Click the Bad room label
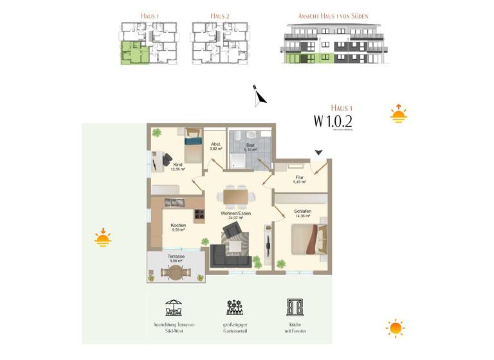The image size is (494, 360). (241, 146)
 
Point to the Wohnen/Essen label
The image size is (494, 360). (236, 215)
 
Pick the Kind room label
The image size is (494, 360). (178, 166)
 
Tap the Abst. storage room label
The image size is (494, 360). (215, 146)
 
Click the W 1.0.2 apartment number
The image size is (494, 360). (333, 120)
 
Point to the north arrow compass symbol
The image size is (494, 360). (259, 95)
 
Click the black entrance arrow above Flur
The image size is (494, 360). (318, 152)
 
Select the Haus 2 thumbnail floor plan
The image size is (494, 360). (220, 43)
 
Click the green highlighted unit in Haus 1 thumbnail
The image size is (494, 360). (134, 53)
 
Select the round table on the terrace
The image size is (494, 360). (174, 273)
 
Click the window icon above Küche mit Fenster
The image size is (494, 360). (294, 307)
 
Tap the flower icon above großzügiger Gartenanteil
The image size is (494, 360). (234, 307)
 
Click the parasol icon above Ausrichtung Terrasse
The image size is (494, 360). (174, 307)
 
